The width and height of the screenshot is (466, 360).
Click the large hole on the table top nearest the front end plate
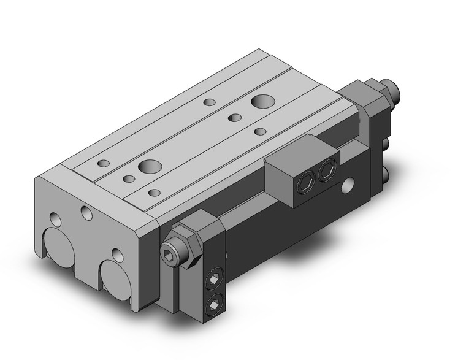148,166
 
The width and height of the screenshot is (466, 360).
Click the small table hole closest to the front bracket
154,193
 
